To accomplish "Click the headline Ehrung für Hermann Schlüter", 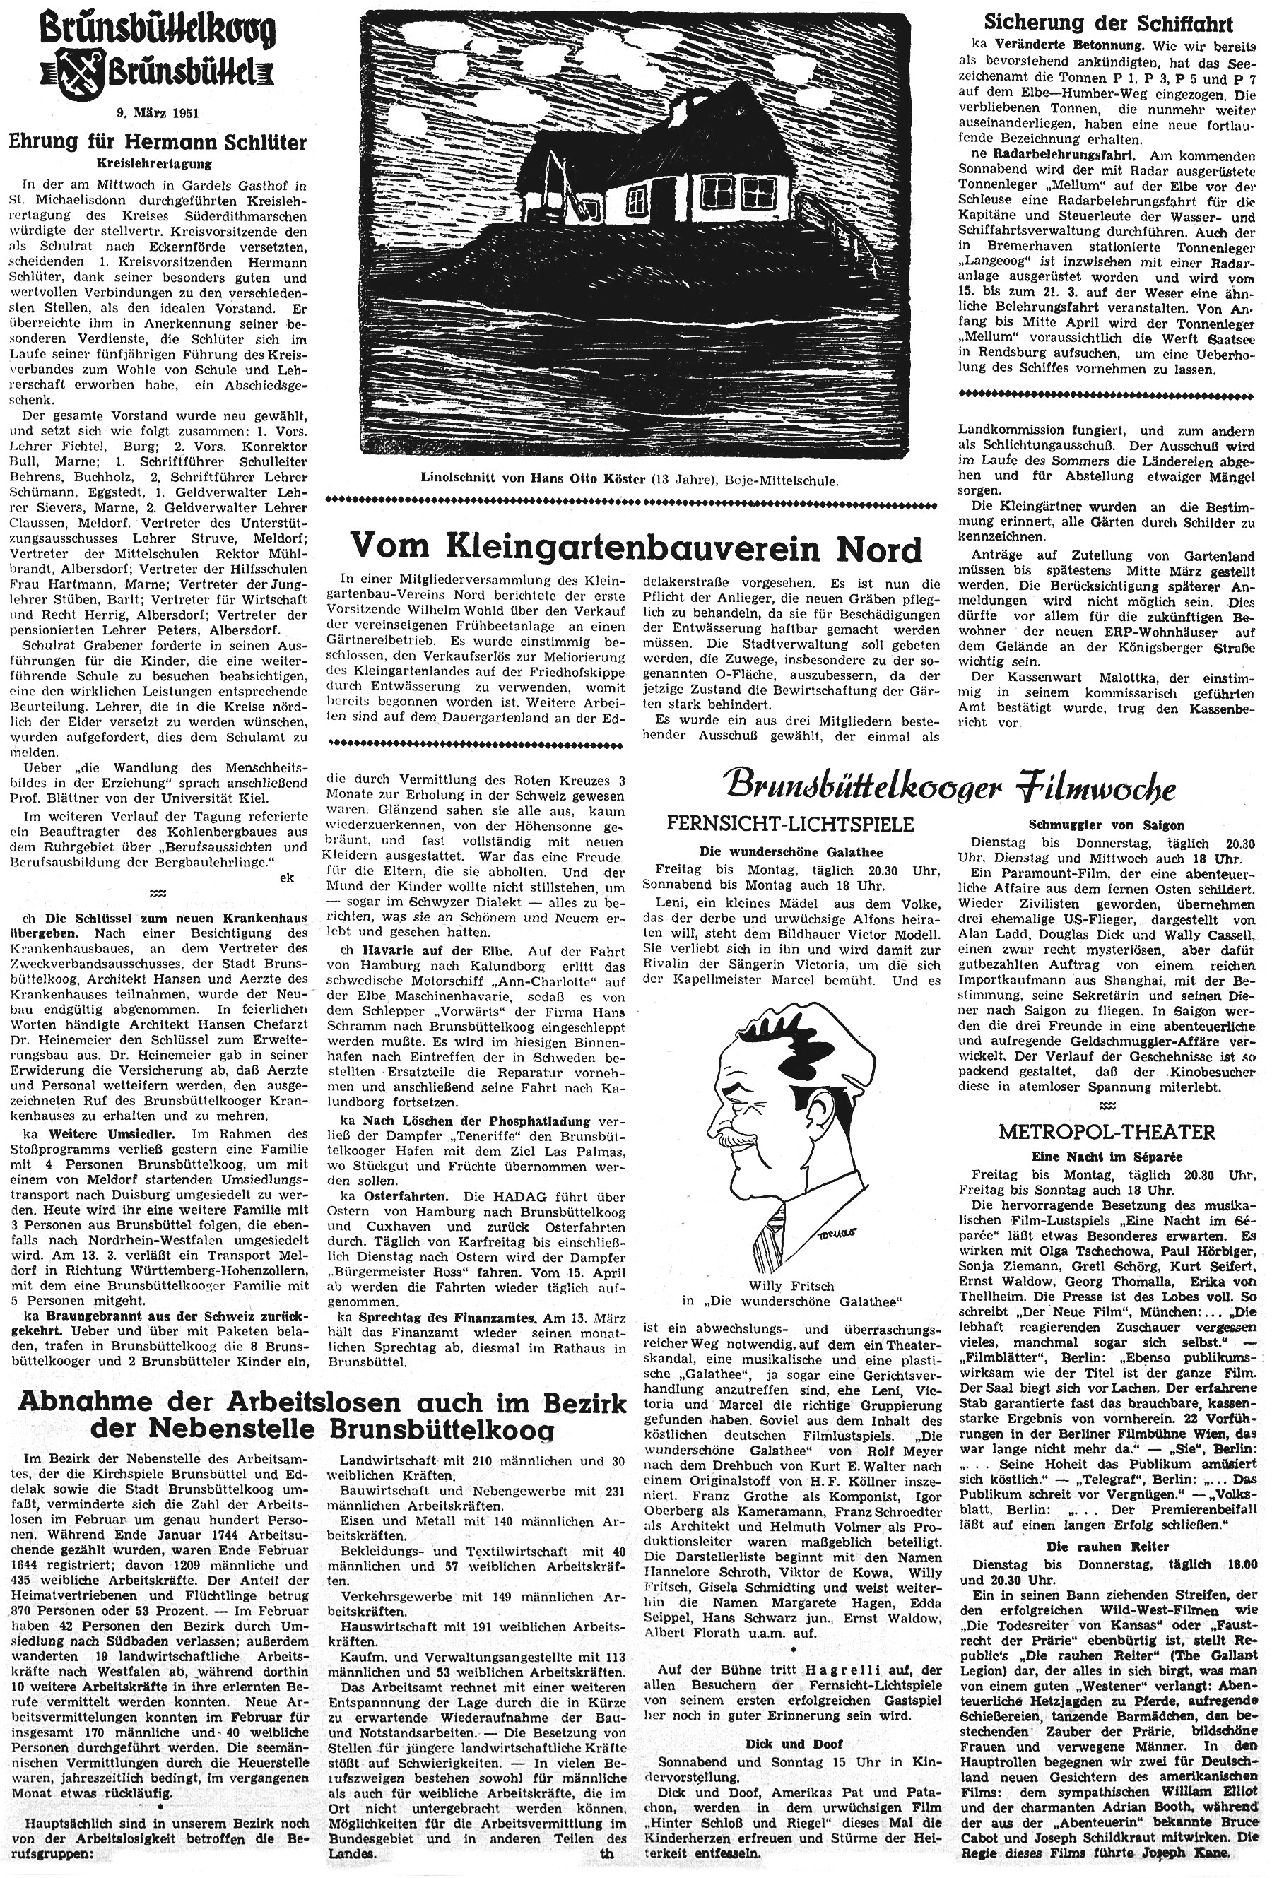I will pos(158,143).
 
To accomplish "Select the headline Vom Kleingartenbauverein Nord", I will pos(636,550).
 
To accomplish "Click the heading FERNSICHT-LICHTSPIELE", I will pos(790,825).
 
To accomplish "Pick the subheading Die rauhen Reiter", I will pos(1107,1546).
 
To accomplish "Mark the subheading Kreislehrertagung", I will pos(158,163).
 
